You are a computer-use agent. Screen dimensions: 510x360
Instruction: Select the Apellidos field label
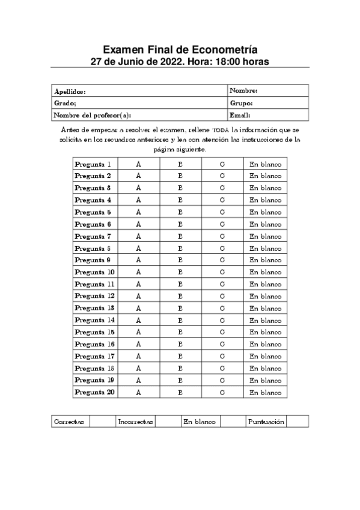(70, 91)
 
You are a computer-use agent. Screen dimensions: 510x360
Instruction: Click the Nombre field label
(243, 91)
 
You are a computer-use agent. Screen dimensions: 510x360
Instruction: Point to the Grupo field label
(241, 103)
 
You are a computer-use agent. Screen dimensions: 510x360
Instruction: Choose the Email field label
(240, 115)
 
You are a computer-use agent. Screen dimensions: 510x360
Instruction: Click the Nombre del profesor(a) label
(92, 115)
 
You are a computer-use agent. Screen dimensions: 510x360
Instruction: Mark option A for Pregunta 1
(138, 164)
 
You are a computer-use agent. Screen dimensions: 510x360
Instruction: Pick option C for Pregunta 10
(222, 272)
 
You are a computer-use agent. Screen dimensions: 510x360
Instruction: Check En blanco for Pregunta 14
(265, 321)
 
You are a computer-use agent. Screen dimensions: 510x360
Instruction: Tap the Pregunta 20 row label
(94, 393)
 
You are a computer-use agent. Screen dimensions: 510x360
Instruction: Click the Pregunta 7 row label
(93, 236)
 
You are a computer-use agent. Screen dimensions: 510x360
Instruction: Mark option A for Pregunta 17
(138, 357)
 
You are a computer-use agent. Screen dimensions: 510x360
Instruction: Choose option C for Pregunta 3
(222, 188)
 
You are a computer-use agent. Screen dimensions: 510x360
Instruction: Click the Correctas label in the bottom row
(69, 422)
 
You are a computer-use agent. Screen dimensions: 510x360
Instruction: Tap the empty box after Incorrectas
(168, 422)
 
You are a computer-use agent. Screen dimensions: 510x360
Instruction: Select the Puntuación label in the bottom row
(266, 422)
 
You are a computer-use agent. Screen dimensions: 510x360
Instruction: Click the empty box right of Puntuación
(297, 422)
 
